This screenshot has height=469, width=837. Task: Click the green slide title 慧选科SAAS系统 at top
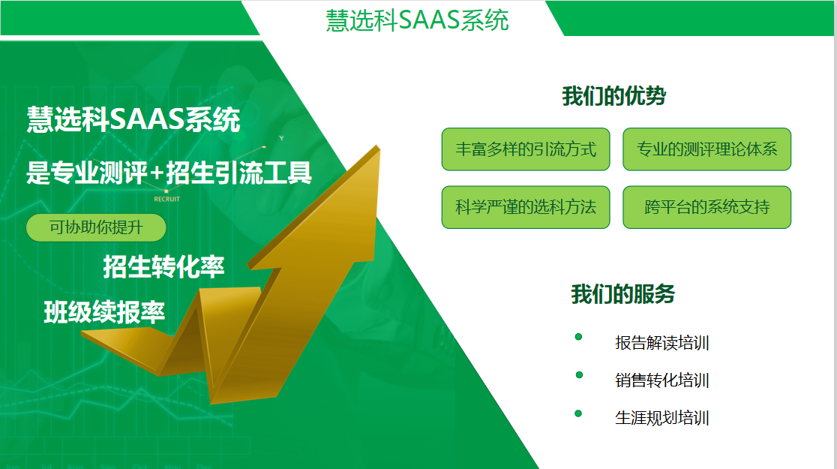417,20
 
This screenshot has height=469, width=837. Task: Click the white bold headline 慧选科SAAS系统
133,119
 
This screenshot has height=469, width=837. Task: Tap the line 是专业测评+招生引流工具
169,173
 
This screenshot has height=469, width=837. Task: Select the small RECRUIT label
166,199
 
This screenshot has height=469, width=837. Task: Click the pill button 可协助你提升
96,227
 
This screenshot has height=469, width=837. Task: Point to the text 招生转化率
163,266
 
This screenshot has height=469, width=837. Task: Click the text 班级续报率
105,312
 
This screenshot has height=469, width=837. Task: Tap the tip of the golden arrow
378,146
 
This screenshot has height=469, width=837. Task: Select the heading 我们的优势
613,96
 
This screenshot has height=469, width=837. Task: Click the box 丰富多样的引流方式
526,149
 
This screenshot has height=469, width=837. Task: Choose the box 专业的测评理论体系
706,149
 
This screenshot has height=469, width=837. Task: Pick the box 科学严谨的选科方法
526,207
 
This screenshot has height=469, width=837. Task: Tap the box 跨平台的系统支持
706,207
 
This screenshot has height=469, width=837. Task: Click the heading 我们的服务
623,294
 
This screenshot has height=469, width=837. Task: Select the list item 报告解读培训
662,343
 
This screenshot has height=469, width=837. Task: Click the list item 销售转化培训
662,380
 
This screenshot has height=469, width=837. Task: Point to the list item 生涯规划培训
662,418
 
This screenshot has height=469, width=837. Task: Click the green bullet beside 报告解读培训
579,336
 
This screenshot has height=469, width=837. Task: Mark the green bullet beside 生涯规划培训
578,413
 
